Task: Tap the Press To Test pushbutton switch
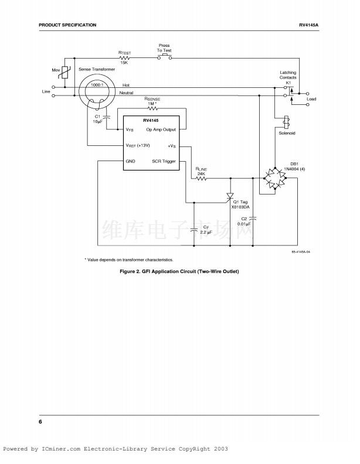coord(164,57)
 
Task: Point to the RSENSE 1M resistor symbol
coord(153,108)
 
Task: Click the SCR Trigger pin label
coord(164,161)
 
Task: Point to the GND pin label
coord(131,161)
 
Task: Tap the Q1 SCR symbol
coord(230,196)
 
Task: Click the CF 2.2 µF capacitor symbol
coord(194,229)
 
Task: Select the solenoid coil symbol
coord(287,122)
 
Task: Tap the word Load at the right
coord(311,99)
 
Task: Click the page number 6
coord(40,422)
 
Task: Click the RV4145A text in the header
coord(308,25)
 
